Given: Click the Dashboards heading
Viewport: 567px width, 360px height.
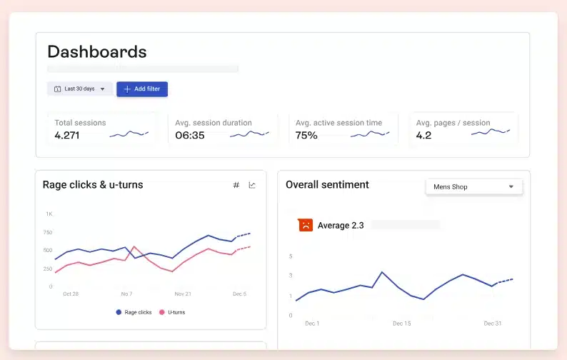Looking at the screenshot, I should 97,52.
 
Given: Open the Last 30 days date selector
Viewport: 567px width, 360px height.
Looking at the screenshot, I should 79,89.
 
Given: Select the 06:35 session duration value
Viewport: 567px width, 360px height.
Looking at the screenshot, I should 190,135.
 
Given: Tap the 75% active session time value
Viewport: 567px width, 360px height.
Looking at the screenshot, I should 306,135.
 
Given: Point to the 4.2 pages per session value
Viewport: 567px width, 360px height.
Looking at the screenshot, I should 423,135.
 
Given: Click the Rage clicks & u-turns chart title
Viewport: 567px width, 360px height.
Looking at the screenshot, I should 93,185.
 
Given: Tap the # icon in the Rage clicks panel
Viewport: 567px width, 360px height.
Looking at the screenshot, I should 236,186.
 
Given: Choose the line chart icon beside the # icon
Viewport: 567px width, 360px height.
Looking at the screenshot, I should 252,186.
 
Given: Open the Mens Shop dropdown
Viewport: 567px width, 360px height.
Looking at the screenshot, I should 473,187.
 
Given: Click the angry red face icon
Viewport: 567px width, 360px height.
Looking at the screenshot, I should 305,225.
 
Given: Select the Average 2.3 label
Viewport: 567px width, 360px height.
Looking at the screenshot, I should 341,226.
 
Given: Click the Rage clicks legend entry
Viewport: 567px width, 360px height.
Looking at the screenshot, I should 134,312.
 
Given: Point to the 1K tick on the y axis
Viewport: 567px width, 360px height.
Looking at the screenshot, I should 49,214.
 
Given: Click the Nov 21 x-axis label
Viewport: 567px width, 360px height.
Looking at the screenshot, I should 184,294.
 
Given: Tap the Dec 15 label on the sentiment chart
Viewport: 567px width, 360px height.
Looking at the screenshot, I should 402,324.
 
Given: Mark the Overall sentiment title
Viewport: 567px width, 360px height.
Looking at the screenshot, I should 327,185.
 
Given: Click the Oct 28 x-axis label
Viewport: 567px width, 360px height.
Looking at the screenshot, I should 71,294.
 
